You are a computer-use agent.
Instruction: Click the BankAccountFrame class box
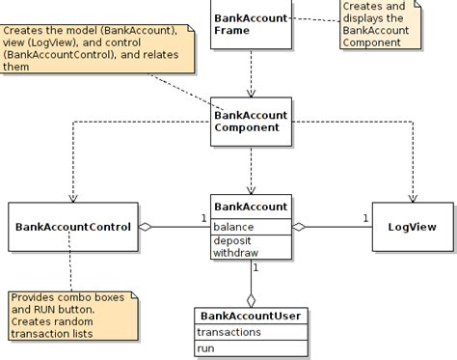pyautogui.click(x=251, y=23)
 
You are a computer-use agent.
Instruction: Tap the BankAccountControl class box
pyautogui.click(x=73, y=227)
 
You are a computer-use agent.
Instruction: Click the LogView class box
pyautogui.click(x=412, y=227)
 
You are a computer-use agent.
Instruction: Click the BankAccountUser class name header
pyautogui.click(x=251, y=316)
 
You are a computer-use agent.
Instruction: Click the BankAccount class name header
pyautogui.click(x=251, y=207)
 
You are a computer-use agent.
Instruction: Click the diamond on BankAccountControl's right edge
pyautogui.click(x=147, y=227)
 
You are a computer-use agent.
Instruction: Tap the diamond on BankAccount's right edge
pyautogui.click(x=298, y=227)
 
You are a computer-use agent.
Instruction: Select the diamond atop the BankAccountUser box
pyautogui.click(x=251, y=298)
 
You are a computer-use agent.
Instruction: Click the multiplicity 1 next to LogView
pyautogui.click(x=365, y=218)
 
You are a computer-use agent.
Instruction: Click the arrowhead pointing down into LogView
pyautogui.click(x=412, y=197)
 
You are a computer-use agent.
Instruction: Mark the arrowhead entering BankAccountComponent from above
pyautogui.click(x=251, y=95)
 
